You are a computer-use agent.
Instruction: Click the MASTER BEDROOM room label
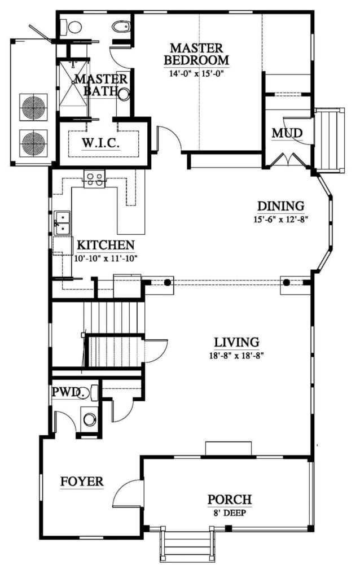(x=196, y=54)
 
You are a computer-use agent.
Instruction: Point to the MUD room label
(x=287, y=133)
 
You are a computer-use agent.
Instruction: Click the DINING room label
(x=280, y=206)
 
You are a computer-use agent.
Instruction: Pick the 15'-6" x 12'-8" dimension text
(x=280, y=220)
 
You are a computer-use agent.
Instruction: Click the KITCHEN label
(x=106, y=245)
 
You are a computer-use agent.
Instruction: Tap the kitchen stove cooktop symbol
(x=94, y=180)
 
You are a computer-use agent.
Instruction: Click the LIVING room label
(x=236, y=341)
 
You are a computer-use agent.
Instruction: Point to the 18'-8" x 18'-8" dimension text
(x=236, y=356)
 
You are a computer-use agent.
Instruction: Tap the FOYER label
(x=82, y=481)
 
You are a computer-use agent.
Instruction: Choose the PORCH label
(x=229, y=500)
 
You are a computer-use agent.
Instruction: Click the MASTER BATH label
(x=102, y=85)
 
